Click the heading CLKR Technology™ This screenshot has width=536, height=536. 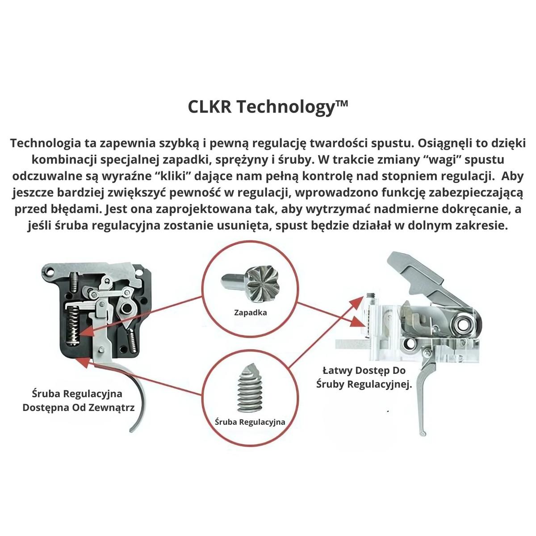coord(268,107)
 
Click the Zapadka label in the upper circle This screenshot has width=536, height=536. coord(250,312)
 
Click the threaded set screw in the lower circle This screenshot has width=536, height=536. coord(250,389)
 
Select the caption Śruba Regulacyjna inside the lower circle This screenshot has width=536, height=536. coord(250,422)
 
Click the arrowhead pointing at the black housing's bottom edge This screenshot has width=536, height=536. coord(84,362)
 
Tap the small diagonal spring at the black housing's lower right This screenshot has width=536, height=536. coord(133,339)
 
